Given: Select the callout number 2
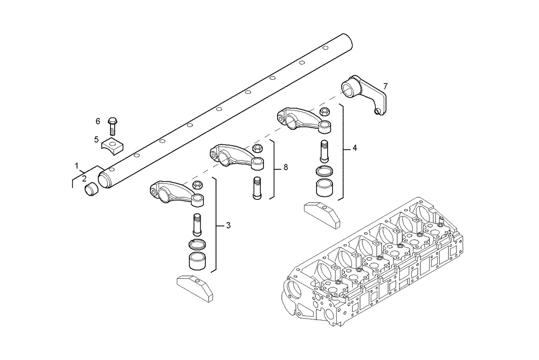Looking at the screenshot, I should pos(84,178).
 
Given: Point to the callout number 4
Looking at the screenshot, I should pos(354,147).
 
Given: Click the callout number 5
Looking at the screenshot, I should pos(96,140).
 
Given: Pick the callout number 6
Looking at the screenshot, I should pos(98,121).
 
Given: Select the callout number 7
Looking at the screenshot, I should pos(385,86).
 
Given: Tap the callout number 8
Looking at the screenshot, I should pos(285,168).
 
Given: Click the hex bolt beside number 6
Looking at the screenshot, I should pos(113,126).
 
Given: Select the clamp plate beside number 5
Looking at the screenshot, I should pos(113,144).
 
